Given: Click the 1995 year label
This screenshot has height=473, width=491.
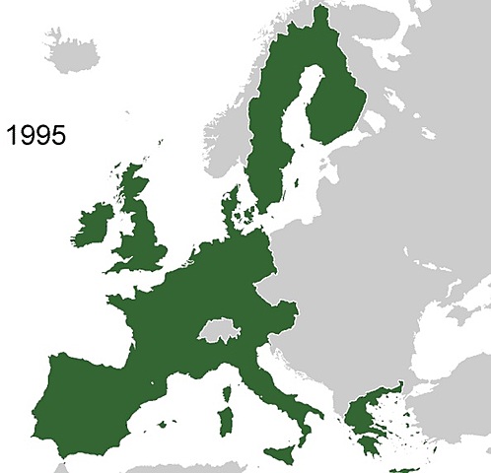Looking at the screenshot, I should pyautogui.click(x=35, y=134).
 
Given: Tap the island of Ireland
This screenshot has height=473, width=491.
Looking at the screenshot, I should pyautogui.click(x=96, y=227).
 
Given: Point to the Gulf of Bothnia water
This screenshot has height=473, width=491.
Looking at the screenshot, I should pyautogui.click(x=301, y=108).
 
